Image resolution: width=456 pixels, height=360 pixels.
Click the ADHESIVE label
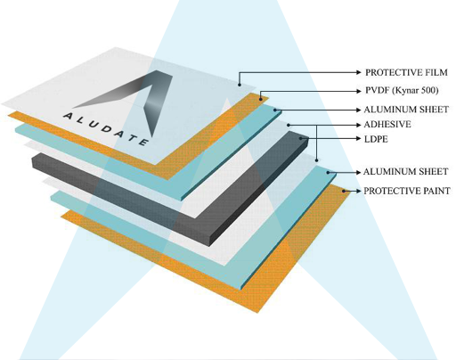[387, 125]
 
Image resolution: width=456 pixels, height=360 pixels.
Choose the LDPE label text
[376, 139]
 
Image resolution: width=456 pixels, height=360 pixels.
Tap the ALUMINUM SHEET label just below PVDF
[406, 110]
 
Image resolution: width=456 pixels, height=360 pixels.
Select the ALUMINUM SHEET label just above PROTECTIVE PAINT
[405, 172]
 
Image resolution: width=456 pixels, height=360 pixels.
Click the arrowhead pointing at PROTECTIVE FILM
[359, 72]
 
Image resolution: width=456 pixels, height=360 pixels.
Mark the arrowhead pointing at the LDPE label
[358, 138]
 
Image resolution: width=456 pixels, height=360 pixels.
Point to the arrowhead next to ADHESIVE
[358, 125]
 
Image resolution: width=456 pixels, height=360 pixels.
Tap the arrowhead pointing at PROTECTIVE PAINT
[358, 191]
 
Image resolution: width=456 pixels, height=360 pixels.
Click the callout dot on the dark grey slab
[301, 138]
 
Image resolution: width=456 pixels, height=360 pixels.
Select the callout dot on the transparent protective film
[240, 85]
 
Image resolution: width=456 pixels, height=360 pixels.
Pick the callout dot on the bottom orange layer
[343, 191]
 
